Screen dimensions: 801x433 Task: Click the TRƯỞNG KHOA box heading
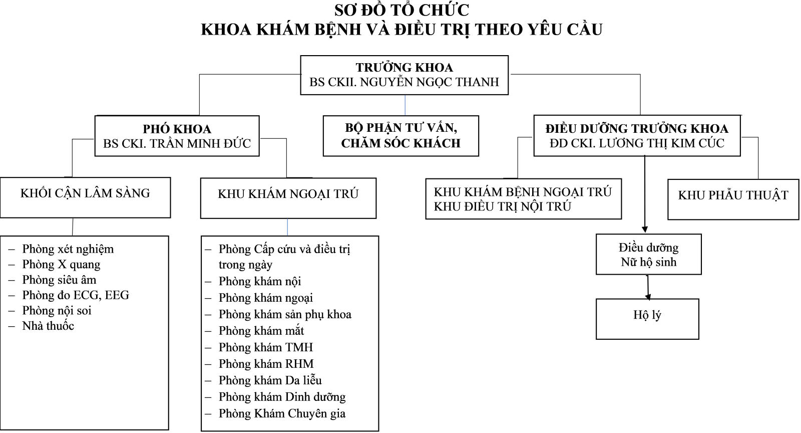(404, 67)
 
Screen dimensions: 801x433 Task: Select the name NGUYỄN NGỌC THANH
(430, 82)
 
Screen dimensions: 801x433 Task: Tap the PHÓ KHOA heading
(177, 129)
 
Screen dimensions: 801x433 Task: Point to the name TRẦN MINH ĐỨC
(200, 143)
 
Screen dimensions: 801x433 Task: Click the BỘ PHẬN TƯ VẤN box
(401, 136)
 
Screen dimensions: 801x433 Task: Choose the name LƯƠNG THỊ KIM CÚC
(661, 143)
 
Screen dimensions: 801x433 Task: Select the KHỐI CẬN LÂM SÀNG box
(85, 197)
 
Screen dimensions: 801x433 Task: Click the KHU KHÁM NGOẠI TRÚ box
(288, 198)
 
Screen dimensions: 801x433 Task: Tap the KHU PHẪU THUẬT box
(733, 199)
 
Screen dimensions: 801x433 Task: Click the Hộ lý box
(647, 319)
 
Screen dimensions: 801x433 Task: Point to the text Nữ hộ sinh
(649, 262)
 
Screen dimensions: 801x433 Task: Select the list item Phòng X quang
(61, 265)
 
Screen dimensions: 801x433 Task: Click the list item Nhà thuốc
(48, 326)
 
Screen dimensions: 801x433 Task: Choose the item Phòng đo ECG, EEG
(76, 295)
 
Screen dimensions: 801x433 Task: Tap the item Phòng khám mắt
(261, 331)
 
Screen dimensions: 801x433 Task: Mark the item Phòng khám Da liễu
(270, 380)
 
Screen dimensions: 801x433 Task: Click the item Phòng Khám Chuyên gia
(282, 413)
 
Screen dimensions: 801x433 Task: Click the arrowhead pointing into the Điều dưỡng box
(645, 230)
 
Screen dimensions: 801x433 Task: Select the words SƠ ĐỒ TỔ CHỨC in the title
(402, 10)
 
